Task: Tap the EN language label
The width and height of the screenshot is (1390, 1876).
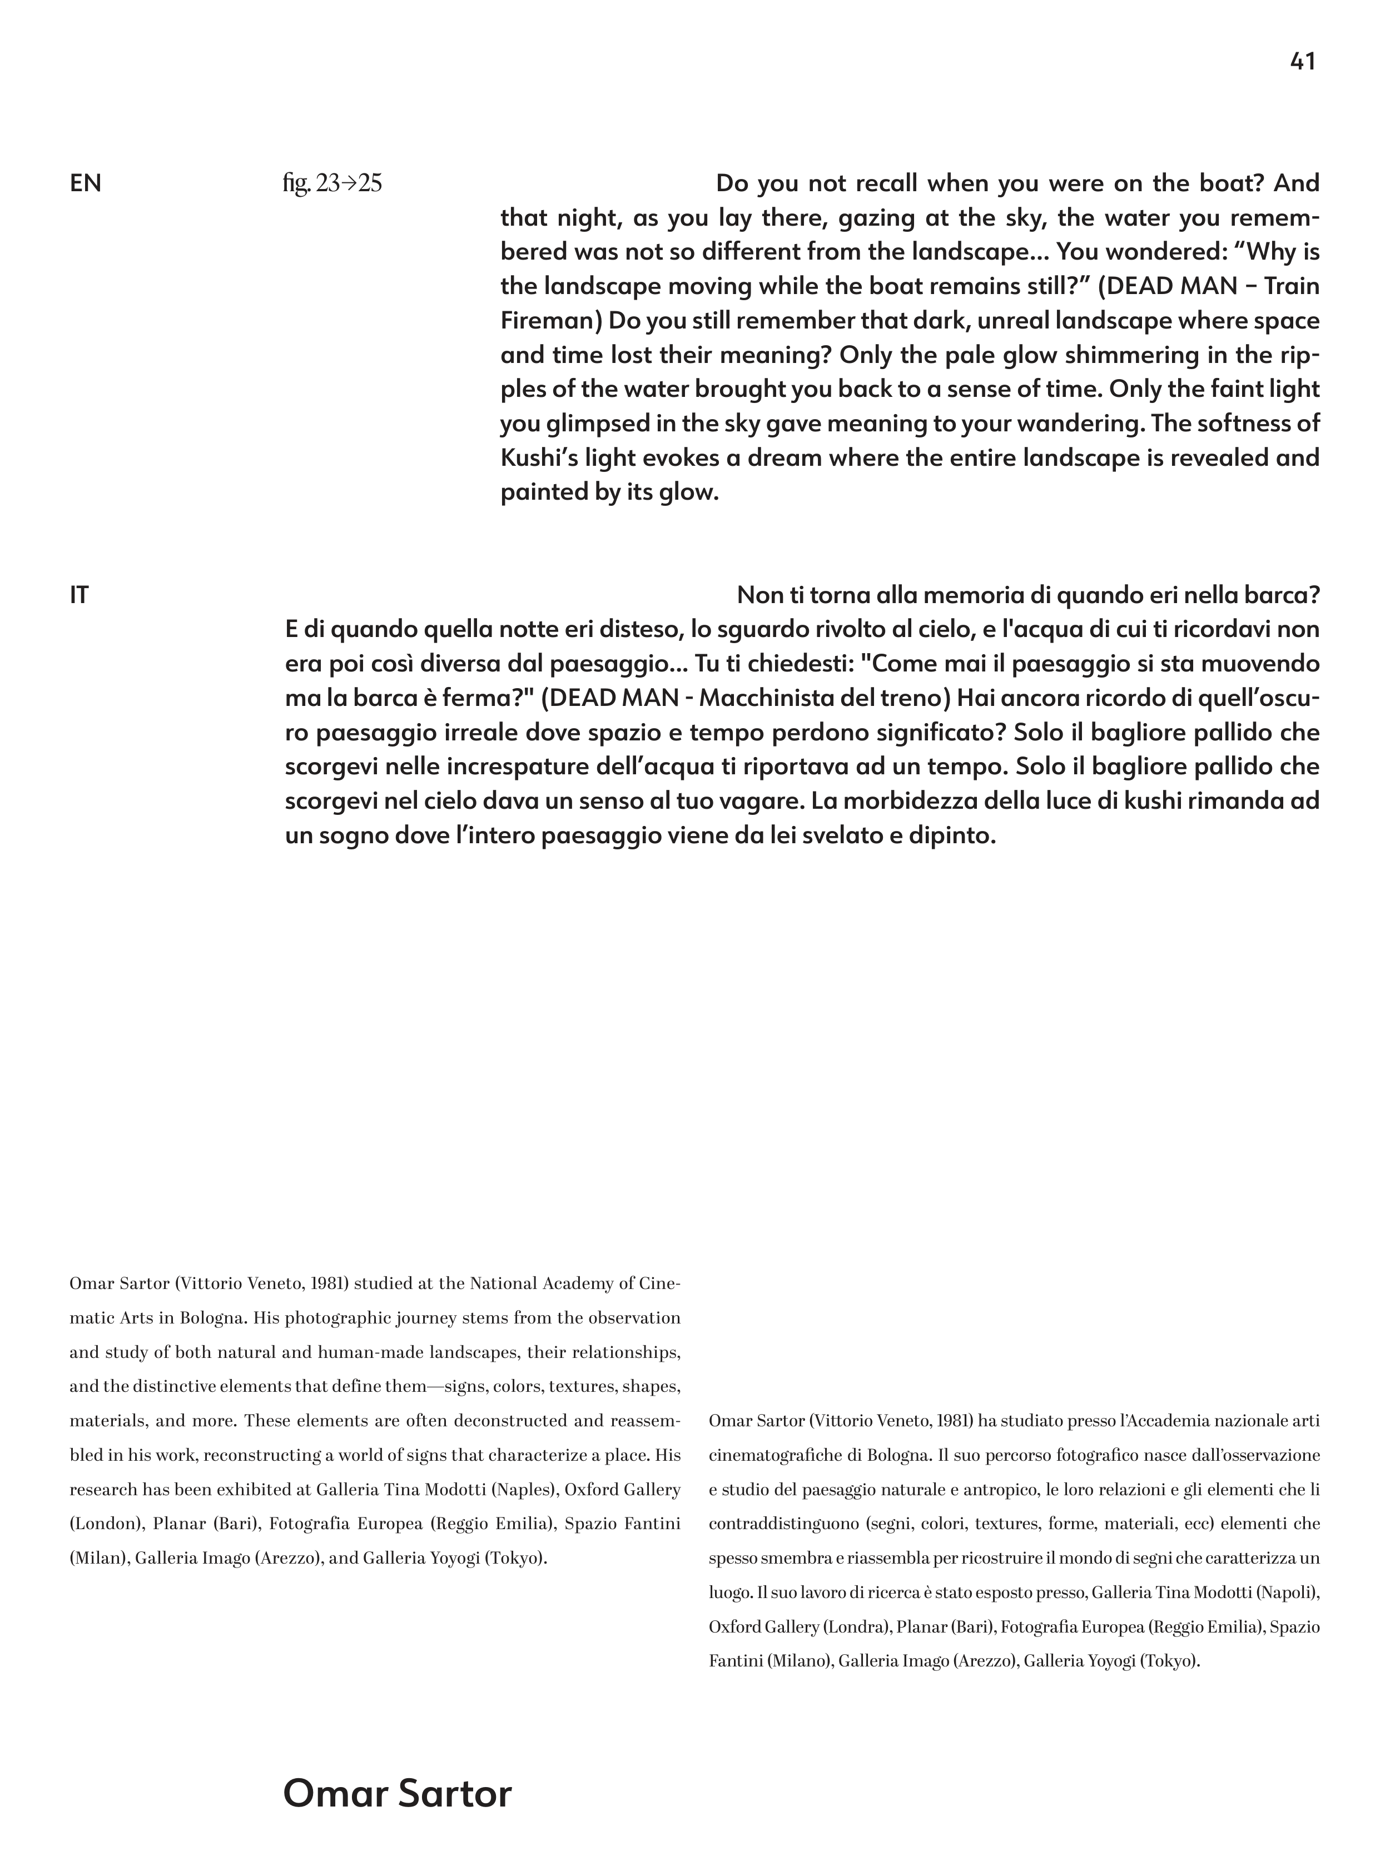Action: tap(85, 183)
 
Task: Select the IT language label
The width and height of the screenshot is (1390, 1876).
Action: tap(79, 596)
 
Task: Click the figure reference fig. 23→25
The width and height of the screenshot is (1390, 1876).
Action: tap(332, 183)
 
